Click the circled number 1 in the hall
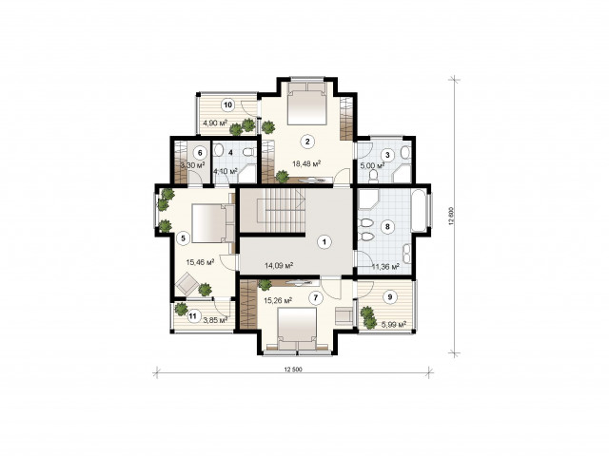324,242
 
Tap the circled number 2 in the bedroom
307,142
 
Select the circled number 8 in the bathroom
387,227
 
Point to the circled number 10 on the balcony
228,104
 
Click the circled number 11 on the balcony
192,316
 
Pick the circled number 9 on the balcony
390,297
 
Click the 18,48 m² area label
306,164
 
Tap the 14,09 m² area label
279,266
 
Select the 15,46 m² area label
201,262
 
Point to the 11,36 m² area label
385,267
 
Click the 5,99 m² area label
394,324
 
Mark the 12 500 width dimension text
293,370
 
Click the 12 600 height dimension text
451,217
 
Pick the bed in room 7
297,330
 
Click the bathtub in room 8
420,211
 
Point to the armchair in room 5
187,284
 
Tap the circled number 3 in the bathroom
387,155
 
